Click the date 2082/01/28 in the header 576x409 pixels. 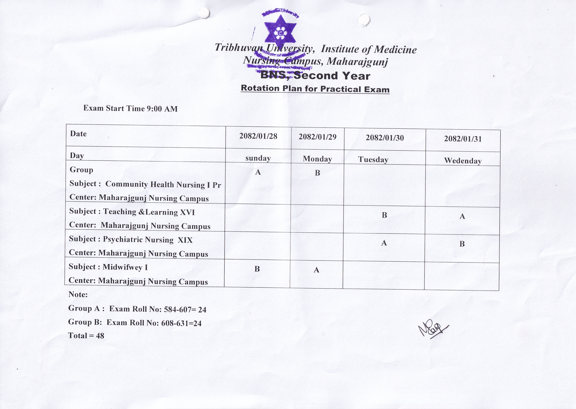(258, 136)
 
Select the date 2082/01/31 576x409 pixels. (463, 139)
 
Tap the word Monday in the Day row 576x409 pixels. (317, 159)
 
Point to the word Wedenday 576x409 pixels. (463, 161)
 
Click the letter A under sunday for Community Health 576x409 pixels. (258, 172)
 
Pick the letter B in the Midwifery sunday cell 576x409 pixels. (257, 269)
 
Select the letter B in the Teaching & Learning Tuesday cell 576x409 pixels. (384, 215)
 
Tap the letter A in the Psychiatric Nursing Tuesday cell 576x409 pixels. (384, 243)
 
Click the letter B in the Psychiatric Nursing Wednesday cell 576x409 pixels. (462, 244)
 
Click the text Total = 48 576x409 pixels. (86, 335)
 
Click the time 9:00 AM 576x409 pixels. (162, 109)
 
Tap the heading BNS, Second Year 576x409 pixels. (315, 76)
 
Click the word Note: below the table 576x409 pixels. (78, 294)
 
